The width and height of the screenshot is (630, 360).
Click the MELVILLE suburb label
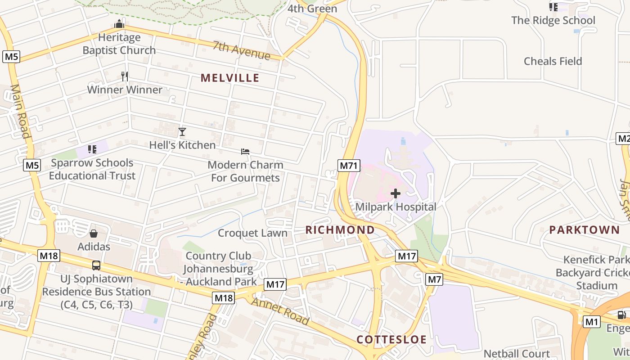[230, 78]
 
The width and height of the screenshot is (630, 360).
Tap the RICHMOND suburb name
[340, 230]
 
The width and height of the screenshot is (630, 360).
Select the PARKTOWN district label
[584, 230]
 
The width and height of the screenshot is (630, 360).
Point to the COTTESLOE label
[391, 339]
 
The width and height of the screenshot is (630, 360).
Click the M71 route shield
[349, 166]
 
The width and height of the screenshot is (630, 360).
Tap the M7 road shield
[434, 279]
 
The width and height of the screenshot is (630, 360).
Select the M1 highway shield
[592, 322]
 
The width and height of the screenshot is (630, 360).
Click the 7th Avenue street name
[242, 51]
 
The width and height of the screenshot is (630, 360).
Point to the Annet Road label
[280, 310]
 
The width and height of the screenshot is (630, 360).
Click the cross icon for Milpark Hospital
[396, 193]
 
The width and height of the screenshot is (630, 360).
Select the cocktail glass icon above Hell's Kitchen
[182, 132]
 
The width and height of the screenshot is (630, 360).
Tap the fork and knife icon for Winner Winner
[125, 76]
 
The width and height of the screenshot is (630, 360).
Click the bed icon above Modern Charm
[245, 152]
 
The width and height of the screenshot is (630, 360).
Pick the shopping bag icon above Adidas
[94, 234]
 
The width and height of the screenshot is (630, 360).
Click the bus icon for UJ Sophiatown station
[96, 265]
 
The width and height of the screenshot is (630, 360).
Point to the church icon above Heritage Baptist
[119, 24]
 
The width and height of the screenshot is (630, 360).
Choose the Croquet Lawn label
[252, 233]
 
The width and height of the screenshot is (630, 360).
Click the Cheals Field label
[553, 61]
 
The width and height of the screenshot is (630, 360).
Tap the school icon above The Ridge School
[553, 7]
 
